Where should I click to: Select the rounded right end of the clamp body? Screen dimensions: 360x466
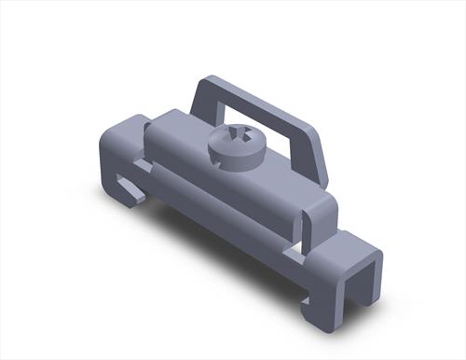click(x=317, y=210)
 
